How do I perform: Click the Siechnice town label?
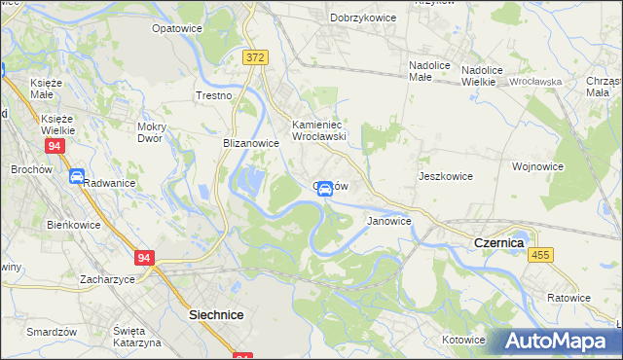point(215,315)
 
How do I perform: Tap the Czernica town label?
point(498,241)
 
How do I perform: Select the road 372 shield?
point(255,58)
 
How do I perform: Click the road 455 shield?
point(540,254)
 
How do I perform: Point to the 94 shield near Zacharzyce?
point(144,258)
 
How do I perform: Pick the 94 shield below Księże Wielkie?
point(55,145)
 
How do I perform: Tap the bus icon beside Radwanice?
point(76,175)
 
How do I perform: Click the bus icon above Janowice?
point(325,189)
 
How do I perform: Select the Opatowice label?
point(176,28)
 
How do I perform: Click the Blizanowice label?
point(251,143)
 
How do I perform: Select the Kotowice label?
point(462,340)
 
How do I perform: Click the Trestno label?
point(213,95)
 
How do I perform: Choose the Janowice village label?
point(388,221)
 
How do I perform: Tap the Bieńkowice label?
point(69,224)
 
